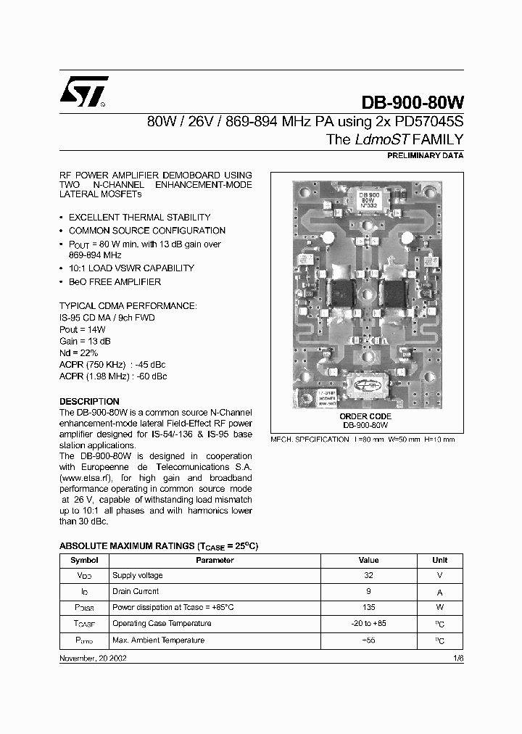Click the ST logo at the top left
pos(83,91)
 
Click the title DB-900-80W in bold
pos(411,104)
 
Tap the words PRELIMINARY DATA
pos(426,156)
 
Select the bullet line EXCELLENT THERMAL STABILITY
pos(139,217)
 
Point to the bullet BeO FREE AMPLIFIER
pos(115,281)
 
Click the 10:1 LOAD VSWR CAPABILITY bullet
pos(131,268)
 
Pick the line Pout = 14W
pos(79,329)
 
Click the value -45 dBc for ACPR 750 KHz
pos(150,364)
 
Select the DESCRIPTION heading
pos(89,401)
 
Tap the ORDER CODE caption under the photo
pos(365,416)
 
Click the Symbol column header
pos(83,560)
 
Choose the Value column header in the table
pos(368,560)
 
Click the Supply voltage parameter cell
pos(137,575)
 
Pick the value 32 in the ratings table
pos(368,575)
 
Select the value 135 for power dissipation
pos(368,607)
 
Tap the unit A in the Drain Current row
pos(439,591)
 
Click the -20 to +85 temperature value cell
pos(368,623)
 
